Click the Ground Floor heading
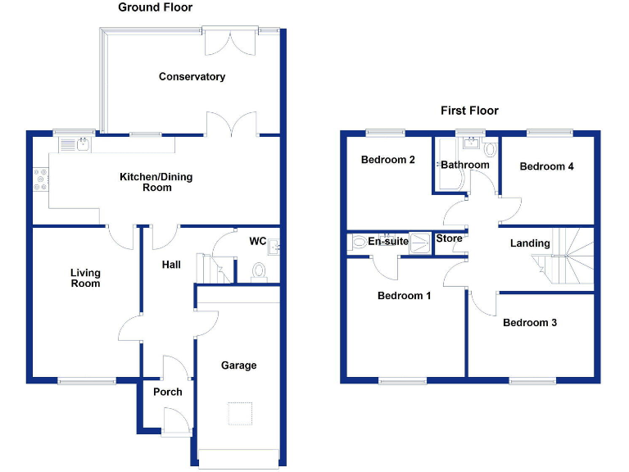click(x=155, y=7)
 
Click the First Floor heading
click(x=469, y=111)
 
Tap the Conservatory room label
click(x=192, y=77)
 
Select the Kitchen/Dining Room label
click(x=146, y=182)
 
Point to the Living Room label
click(x=84, y=278)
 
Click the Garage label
click(x=238, y=365)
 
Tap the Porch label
click(x=168, y=392)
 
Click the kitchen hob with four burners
click(x=40, y=179)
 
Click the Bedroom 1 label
click(x=404, y=296)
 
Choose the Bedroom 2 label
click(x=388, y=160)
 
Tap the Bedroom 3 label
click(x=529, y=323)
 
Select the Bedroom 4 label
click(x=546, y=166)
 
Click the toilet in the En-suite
click(x=358, y=243)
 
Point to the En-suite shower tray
click(x=419, y=243)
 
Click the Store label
click(x=449, y=238)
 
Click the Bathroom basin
click(x=470, y=145)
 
